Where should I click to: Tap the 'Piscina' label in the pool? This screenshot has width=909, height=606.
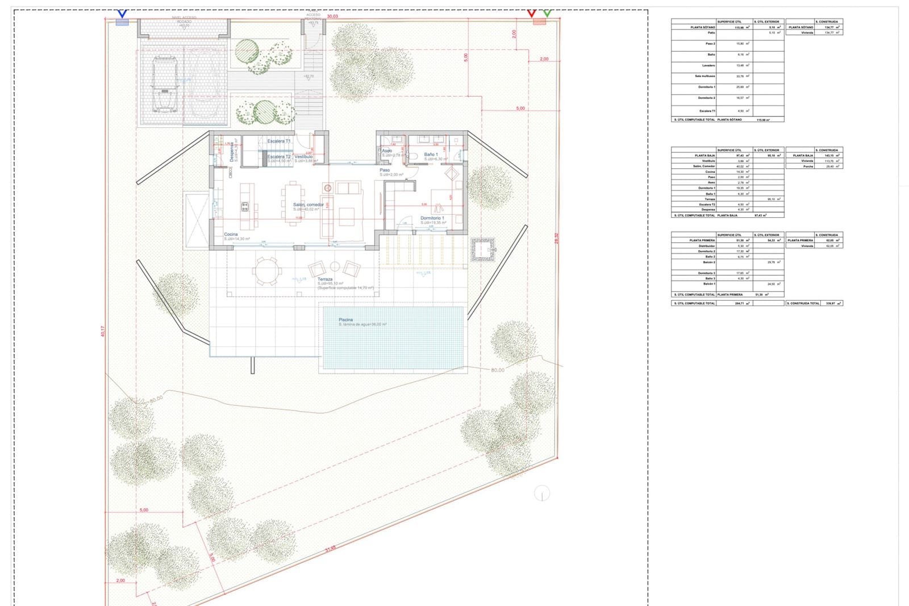(x=345, y=320)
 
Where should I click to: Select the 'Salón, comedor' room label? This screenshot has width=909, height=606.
(x=308, y=205)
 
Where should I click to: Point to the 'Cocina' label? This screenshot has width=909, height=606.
(x=231, y=234)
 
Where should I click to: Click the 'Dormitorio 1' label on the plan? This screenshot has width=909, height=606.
(x=432, y=218)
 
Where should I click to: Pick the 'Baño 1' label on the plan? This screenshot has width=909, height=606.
(x=431, y=154)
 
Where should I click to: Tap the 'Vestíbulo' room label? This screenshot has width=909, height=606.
(x=303, y=156)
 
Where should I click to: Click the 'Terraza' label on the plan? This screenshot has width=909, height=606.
(x=325, y=279)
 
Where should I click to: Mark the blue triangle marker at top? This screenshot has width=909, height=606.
(x=122, y=13)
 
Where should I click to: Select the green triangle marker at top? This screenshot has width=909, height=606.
(x=547, y=13)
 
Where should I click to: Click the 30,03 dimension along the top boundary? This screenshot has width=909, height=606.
(x=332, y=16)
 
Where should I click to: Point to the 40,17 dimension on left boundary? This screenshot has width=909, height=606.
(x=103, y=331)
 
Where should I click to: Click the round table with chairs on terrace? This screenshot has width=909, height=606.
(x=266, y=271)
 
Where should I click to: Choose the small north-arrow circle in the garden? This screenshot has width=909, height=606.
(x=542, y=493)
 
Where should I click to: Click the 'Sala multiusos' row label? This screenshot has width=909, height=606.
(x=704, y=76)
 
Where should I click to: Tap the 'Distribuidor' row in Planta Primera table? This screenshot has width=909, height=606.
(x=706, y=246)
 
